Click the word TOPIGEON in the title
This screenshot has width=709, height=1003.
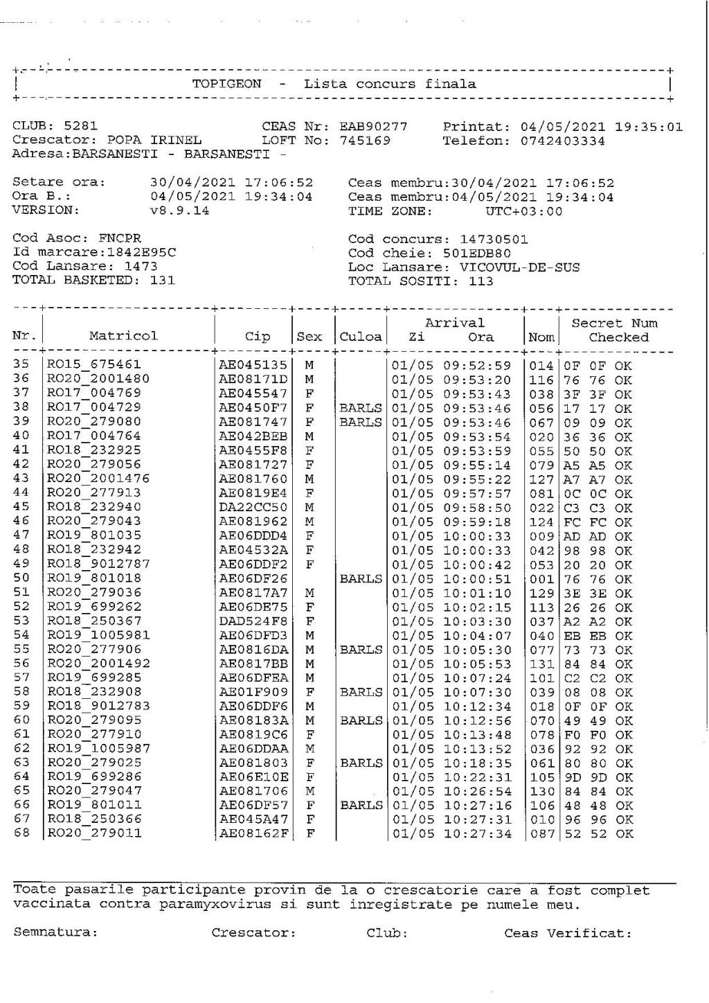point(226,84)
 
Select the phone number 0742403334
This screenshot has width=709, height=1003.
point(562,141)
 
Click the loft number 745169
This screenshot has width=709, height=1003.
point(364,141)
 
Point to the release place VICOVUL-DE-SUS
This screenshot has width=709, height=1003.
point(519,267)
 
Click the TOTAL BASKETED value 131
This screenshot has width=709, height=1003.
point(162,280)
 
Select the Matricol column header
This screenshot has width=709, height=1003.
point(123,336)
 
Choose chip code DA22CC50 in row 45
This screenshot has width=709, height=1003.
point(253,507)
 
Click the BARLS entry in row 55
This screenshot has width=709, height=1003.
point(361,650)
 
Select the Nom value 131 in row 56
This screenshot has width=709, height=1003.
point(541,664)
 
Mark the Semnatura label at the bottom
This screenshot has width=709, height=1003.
point(55,932)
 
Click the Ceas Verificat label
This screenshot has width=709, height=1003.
point(568,933)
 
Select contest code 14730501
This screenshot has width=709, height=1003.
point(494,239)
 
